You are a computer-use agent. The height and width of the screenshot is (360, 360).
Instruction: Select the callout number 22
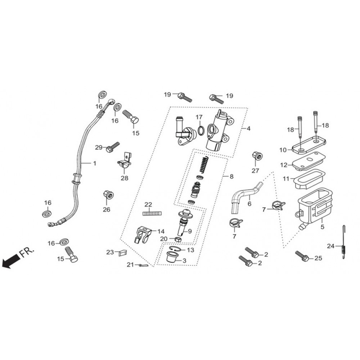148,204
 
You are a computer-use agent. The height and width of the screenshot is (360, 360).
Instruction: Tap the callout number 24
330,246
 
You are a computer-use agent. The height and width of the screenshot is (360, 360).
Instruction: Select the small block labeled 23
122,253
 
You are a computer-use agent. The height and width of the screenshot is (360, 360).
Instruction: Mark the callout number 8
231,176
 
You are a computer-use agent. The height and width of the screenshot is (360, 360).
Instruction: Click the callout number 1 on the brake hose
94,163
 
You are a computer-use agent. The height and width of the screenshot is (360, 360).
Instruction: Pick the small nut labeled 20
177,240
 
